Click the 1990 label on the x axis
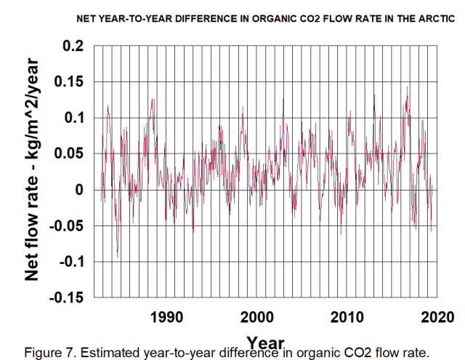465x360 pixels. pyautogui.click(x=166, y=317)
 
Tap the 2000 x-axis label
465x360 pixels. pyautogui.click(x=256, y=317)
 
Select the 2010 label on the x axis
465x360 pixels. pyautogui.click(x=347, y=317)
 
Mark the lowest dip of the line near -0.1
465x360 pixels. pyautogui.click(x=117, y=257)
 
